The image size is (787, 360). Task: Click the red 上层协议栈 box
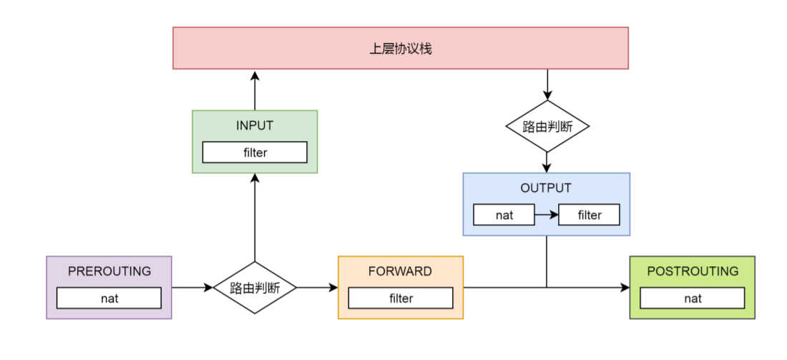[x=400, y=48]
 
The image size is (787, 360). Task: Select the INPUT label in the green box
[x=255, y=125]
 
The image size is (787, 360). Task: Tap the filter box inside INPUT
[x=255, y=152]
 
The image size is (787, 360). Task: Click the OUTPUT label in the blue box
[x=546, y=188]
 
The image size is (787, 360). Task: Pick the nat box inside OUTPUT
[x=504, y=215]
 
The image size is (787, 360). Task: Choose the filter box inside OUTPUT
[x=589, y=215]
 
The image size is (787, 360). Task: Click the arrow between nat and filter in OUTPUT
[x=546, y=215]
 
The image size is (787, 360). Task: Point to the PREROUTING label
[x=109, y=271]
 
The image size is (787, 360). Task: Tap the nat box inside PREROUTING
[x=109, y=298]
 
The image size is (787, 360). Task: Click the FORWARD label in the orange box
[x=400, y=271]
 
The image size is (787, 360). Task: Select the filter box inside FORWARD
[x=400, y=298]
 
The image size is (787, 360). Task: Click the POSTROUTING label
[x=692, y=271]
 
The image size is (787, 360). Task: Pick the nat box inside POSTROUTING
[x=692, y=298]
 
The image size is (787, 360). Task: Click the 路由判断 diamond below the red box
[x=547, y=127]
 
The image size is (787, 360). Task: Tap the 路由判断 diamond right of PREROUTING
[x=255, y=288]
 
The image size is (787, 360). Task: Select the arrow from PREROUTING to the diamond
[x=192, y=288]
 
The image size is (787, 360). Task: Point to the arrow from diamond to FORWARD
[x=317, y=288]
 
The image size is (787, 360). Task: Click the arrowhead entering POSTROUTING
[x=625, y=288]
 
